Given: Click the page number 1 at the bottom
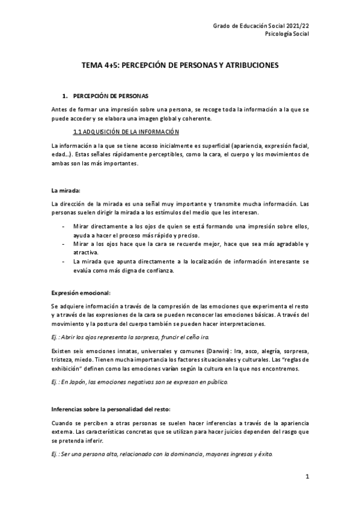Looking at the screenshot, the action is [307, 477].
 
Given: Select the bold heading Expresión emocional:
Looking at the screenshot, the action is [81, 292].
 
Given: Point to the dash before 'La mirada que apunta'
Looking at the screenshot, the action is [64, 262].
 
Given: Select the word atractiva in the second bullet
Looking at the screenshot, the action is [85, 253].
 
